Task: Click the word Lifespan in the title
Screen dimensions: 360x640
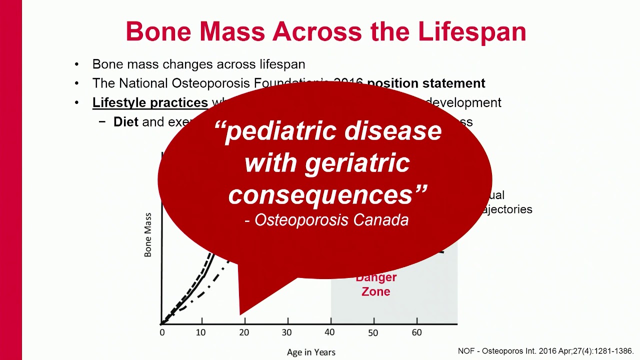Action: [472, 31]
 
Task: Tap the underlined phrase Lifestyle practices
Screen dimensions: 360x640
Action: [150, 102]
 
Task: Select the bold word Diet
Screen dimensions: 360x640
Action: [125, 122]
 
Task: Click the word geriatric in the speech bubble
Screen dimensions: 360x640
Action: [357, 163]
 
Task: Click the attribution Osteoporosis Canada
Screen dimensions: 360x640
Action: [331, 220]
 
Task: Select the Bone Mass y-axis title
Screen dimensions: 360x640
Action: [148, 235]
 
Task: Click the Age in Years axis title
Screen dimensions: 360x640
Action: [311, 352]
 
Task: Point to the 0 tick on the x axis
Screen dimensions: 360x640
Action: [162, 332]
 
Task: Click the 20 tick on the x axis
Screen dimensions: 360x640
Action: [244, 332]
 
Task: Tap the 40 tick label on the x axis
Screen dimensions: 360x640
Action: [330, 332]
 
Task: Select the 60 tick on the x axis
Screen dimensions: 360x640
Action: [416, 332]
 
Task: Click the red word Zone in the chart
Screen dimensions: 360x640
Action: [375, 291]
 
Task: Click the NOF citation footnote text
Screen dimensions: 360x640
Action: [545, 351]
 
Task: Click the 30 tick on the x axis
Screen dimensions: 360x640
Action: [286, 332]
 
